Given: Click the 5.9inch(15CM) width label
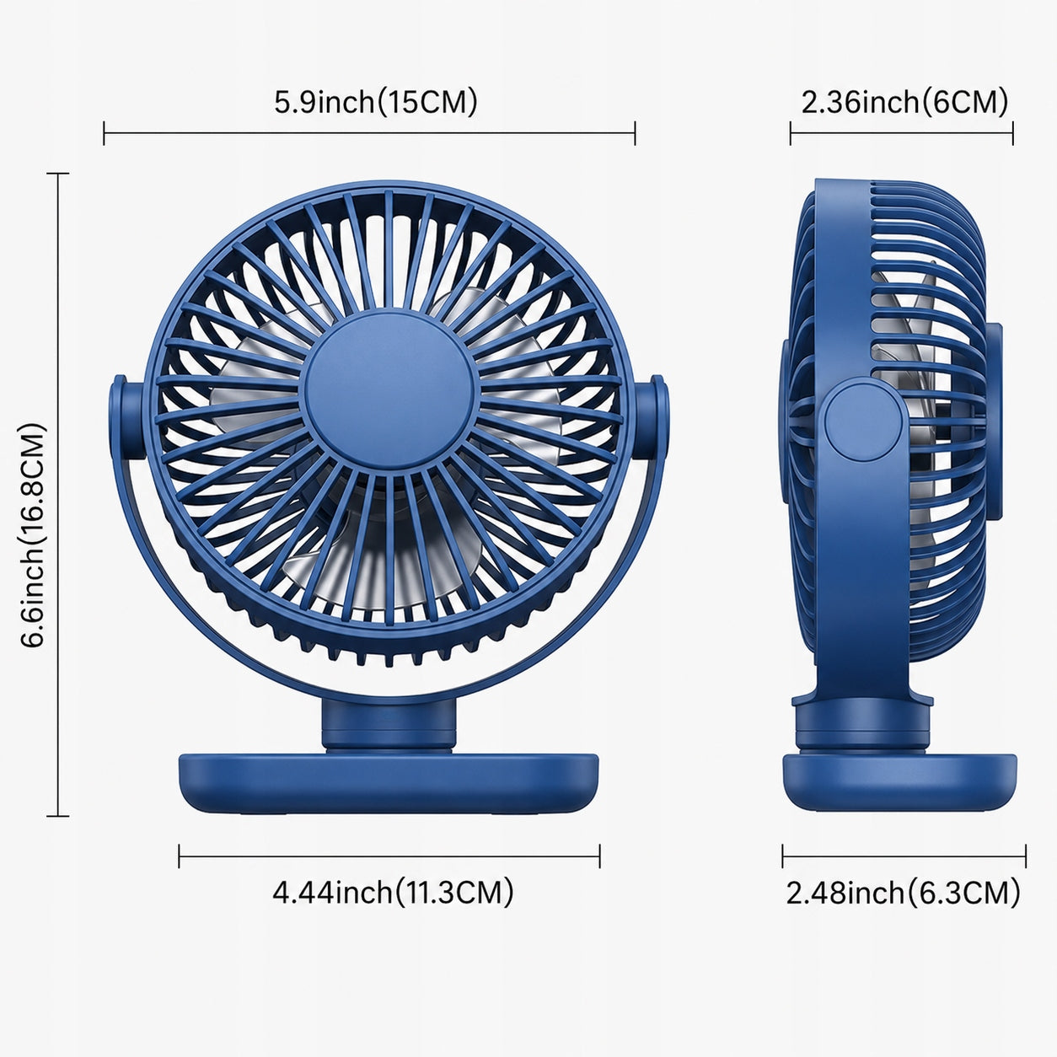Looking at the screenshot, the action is (376, 103).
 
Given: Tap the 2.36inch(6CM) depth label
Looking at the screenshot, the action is (904, 103).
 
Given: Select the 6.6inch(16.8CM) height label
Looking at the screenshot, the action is (33, 535).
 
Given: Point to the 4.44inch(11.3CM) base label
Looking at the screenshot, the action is (393, 892).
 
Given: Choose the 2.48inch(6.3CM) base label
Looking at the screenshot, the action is (903, 893).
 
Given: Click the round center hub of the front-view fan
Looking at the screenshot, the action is (389, 390).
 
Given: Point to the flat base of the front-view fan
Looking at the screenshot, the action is (389, 776).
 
